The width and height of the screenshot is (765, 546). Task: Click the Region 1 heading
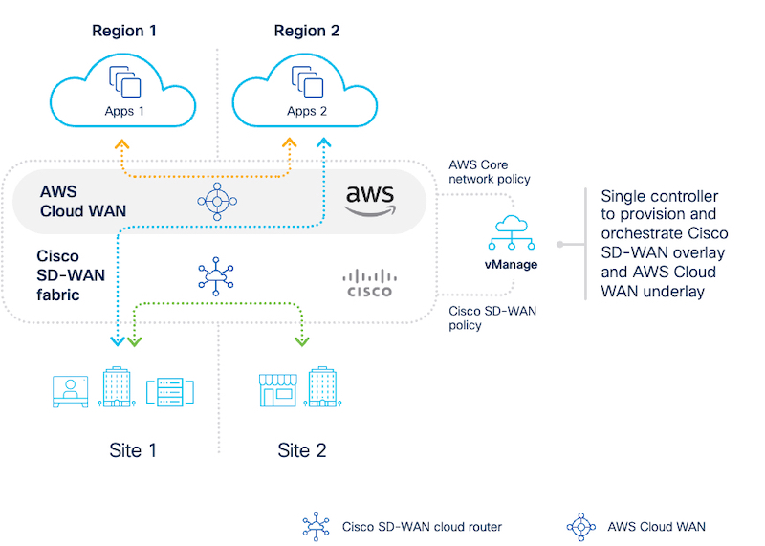123,30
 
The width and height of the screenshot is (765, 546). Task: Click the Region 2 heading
307,30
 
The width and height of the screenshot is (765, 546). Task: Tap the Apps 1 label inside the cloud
124,111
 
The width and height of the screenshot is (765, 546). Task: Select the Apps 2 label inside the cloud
307,111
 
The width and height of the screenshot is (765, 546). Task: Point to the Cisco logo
367,283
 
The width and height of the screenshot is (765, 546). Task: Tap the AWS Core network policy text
489,171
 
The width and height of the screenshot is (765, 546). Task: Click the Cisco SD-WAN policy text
490,317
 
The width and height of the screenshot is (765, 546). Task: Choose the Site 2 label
302,449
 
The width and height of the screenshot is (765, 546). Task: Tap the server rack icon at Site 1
170,390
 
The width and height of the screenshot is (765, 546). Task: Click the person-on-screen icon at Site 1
71,390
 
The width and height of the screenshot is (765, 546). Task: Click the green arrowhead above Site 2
303,339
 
